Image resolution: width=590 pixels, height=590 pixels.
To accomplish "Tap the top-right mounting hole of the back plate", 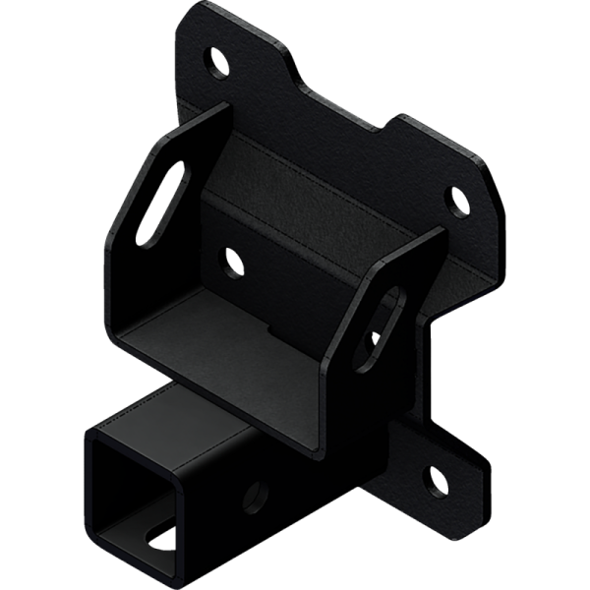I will point(458,200).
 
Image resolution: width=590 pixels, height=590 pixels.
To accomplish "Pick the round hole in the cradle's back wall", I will point(234,262).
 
